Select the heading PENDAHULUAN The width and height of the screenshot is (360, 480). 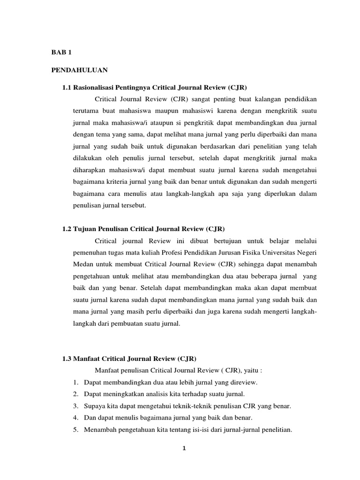point(79,70)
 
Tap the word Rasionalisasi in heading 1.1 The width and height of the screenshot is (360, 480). point(96,87)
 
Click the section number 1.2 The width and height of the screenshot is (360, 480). point(67,229)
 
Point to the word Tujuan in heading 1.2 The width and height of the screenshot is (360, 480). point(85,229)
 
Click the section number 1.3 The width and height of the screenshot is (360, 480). point(67,359)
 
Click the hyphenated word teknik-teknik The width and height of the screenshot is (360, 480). point(190,406)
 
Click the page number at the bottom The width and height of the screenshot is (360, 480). point(184,449)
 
